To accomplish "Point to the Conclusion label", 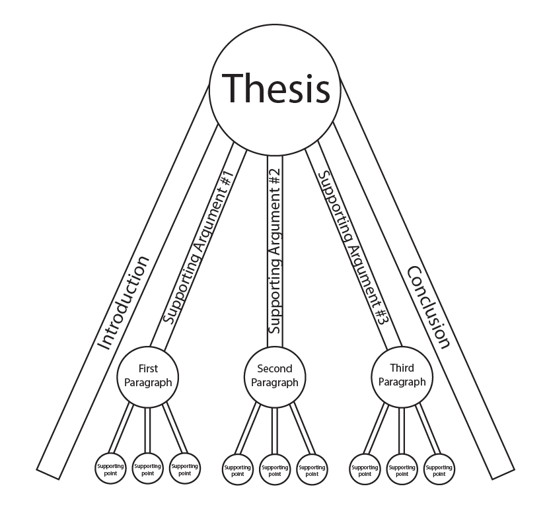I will pyautogui.click(x=428, y=306).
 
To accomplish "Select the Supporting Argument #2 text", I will pyautogui.click(x=275, y=251).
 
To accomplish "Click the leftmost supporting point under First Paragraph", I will pyautogui.click(x=110, y=468).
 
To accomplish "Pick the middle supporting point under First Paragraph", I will pyautogui.click(x=147, y=468).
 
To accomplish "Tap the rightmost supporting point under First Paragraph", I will pyautogui.click(x=184, y=468).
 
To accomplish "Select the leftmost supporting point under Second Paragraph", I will pyautogui.click(x=237, y=469).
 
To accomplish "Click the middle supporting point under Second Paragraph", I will pyautogui.click(x=275, y=469).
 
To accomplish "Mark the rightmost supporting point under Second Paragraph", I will pyautogui.click(x=312, y=469).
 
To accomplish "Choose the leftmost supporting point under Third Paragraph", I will pyautogui.click(x=365, y=469).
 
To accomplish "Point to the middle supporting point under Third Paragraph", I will pyautogui.click(x=402, y=469).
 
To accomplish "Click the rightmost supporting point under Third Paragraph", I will pyautogui.click(x=439, y=469).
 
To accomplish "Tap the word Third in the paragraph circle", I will pyautogui.click(x=402, y=368).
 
